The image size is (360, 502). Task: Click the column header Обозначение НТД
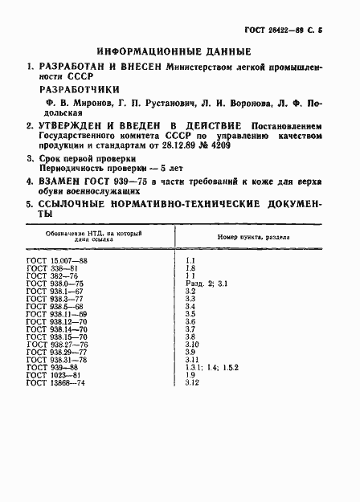pos(76,234)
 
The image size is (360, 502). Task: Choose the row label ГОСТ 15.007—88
pos(58,262)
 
